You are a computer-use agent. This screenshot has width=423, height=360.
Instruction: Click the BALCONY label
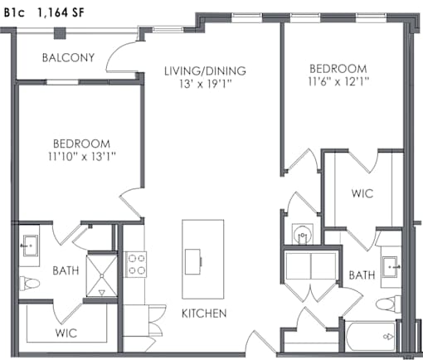pyautogui.click(x=68, y=57)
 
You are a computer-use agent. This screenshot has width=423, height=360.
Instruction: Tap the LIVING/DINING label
pyautogui.click(x=205, y=71)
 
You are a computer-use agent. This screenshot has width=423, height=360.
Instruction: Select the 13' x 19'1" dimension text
pyautogui.click(x=205, y=83)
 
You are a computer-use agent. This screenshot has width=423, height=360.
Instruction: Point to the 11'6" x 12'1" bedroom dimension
pyautogui.click(x=338, y=81)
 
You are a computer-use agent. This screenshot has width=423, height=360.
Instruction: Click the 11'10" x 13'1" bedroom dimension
pyautogui.click(x=82, y=157)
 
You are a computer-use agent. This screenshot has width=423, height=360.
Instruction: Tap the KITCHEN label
pyautogui.click(x=204, y=314)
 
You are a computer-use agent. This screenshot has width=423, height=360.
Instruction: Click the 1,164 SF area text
pyautogui.click(x=61, y=12)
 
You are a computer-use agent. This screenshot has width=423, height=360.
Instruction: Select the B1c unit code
pyautogui.click(x=14, y=12)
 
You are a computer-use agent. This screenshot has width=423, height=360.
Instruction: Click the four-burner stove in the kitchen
pyautogui.click(x=136, y=265)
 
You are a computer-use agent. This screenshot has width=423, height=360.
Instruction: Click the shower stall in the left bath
pyautogui.click(x=101, y=275)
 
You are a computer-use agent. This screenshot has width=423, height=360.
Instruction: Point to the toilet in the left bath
pyautogui.click(x=29, y=284)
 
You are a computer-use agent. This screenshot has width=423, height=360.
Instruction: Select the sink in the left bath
pyautogui.click(x=30, y=246)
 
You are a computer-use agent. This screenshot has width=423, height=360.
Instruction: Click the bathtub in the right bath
pyautogui.click(x=371, y=337)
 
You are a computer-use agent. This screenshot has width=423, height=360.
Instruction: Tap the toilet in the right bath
pyautogui.click(x=388, y=304)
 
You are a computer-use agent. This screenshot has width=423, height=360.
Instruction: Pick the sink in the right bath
pyautogui.click(x=391, y=267)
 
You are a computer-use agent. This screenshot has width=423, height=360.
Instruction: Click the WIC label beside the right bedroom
pyautogui.click(x=362, y=193)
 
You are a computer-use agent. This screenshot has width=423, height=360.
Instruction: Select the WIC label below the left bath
pyautogui.click(x=66, y=333)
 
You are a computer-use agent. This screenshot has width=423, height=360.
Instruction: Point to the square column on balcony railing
pyautogui.click(x=60, y=33)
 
